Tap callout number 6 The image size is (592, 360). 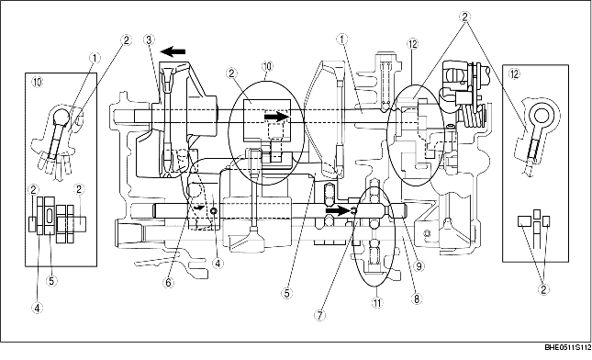click(x=168, y=283)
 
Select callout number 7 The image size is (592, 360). click(x=319, y=313)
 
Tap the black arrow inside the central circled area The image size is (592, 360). click(x=275, y=117)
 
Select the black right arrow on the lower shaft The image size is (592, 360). click(x=337, y=210)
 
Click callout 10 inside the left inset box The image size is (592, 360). click(x=36, y=81)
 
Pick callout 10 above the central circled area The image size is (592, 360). click(x=267, y=67)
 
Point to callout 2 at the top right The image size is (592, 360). click(x=465, y=17)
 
